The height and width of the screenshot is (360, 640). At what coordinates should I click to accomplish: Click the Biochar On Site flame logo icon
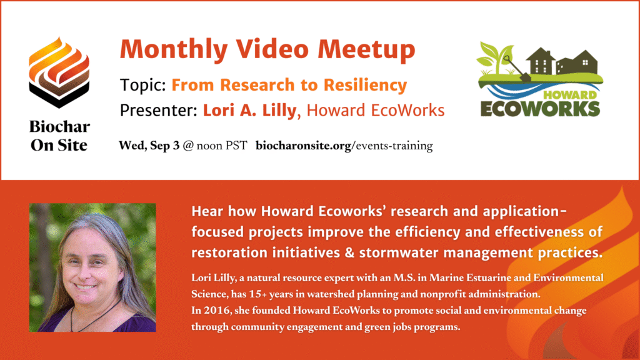pos(59,72)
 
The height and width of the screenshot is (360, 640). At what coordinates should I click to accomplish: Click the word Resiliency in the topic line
pos(365,85)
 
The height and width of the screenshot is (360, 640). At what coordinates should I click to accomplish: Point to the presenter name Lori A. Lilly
pos(250,110)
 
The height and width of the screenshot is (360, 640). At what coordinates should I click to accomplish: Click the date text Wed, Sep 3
pos(149,146)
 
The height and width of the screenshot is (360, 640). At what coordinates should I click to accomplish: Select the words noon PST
pos(222,146)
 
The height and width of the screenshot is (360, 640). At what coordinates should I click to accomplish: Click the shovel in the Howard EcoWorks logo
pos(516,69)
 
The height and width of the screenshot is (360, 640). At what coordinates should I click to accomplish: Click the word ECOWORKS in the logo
pos(540,109)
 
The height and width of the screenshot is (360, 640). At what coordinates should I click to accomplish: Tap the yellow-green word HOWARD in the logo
pos(569,96)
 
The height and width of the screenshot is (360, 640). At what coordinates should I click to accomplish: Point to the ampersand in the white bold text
pos(349,252)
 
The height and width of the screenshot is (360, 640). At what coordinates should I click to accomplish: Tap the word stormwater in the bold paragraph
pos(399,252)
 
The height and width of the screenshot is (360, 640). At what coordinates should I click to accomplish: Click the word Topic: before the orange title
pos(143,85)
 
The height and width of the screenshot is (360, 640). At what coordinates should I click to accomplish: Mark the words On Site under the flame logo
pos(59,145)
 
